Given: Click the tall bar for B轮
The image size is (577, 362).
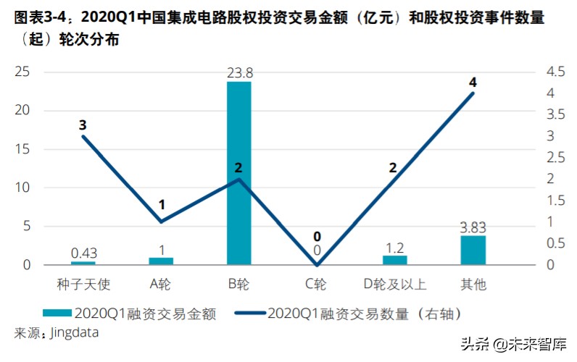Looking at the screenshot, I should [238, 174].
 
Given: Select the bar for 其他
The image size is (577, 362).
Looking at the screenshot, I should [473, 251].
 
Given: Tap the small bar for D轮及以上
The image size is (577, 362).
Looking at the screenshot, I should [395, 260].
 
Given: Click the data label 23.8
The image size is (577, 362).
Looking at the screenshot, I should [238, 72].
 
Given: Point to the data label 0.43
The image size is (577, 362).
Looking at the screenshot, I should [83, 253].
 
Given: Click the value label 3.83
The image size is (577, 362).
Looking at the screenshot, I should [473, 227].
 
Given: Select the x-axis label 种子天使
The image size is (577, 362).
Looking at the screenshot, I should [83, 284].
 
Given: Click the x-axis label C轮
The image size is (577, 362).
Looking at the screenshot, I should [317, 284].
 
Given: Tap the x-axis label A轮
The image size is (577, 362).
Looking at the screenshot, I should [161, 284].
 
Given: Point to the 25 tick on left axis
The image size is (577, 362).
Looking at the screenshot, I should [22, 72].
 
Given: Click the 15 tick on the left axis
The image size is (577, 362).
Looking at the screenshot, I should [22, 149].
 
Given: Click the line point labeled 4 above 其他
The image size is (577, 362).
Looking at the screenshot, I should [473, 93].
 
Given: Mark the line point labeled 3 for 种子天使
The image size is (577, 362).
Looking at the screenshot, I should [83, 136].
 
